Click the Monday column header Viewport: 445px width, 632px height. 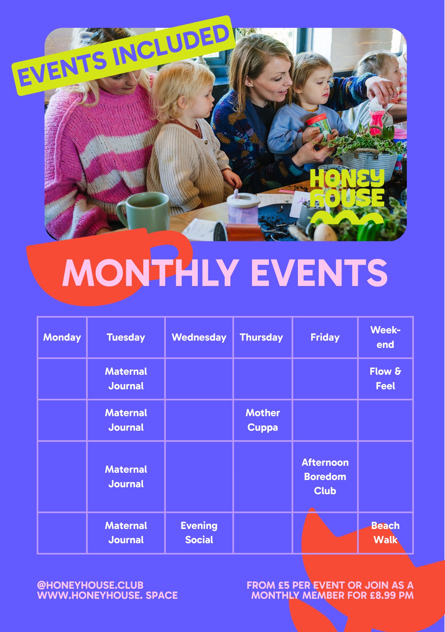coord(62,337)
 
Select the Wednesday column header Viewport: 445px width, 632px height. coord(199,337)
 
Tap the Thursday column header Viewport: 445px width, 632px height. coord(261,337)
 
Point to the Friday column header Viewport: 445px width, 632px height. coord(325,337)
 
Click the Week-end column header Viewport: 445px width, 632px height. coord(385,337)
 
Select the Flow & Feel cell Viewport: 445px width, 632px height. coord(385,379)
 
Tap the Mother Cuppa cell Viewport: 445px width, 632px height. coord(263,420)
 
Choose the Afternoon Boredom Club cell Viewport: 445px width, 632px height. coord(325,477)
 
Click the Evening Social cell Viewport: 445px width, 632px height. coord(199,533)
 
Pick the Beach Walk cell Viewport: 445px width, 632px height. coord(385,533)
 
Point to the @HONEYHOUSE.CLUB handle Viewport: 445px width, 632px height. coord(90,585)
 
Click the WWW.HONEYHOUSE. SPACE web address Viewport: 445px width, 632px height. coord(107,595)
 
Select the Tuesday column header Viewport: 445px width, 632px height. coord(126,337)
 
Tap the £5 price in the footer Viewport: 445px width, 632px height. coord(283,585)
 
